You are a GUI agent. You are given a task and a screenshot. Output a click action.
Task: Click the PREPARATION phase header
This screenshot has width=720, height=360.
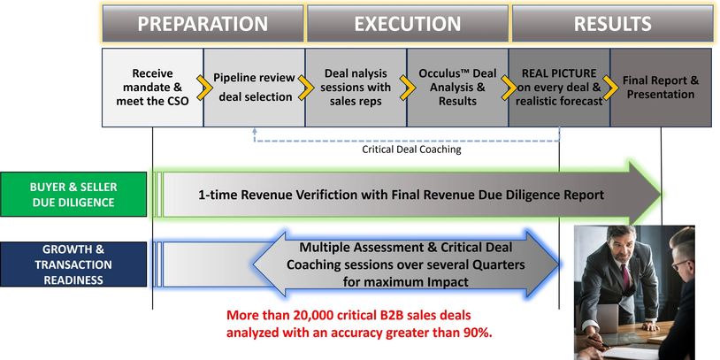click(x=203, y=24)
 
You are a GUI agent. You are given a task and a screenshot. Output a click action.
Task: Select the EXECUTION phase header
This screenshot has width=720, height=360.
click(x=408, y=24)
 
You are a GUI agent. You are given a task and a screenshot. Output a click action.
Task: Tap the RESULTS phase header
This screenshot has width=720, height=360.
click(x=612, y=24)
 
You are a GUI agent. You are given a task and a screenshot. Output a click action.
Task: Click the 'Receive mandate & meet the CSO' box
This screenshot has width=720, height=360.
click(x=152, y=87)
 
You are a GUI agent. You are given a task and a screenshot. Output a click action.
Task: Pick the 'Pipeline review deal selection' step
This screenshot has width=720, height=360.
click(x=253, y=87)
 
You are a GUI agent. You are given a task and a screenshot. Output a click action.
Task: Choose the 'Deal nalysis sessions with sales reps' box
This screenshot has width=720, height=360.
click(x=356, y=87)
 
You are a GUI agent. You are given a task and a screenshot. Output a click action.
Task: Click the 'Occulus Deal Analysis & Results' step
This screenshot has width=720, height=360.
click(x=456, y=87)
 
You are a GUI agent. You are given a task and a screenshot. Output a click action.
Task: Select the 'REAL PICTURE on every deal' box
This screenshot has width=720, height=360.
click(x=558, y=87)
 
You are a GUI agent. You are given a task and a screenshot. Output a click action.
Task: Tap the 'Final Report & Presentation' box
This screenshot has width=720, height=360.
click(x=660, y=87)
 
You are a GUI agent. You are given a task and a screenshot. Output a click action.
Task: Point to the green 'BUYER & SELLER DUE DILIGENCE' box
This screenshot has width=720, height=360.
click(x=73, y=195)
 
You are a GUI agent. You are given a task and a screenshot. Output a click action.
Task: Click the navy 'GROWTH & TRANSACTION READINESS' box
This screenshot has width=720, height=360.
click(x=73, y=264)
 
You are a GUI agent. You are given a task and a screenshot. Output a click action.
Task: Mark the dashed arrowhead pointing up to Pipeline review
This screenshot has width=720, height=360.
click(x=255, y=130)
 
